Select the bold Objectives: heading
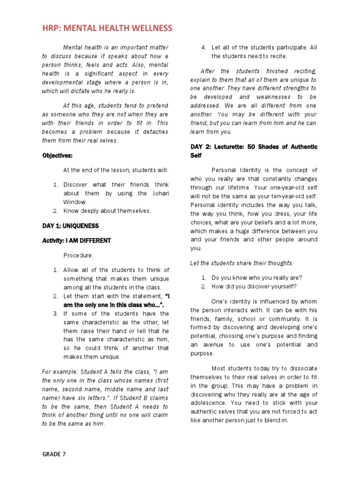pyautogui.click(x=57, y=156)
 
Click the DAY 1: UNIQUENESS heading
pyautogui.click(x=70, y=225)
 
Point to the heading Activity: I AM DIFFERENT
pyautogui.click(x=76, y=240)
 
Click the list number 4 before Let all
pyautogui.click(x=203, y=47)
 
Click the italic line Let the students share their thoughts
pyautogui.click(x=242, y=263)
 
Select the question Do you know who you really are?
pyautogui.click(x=257, y=277)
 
